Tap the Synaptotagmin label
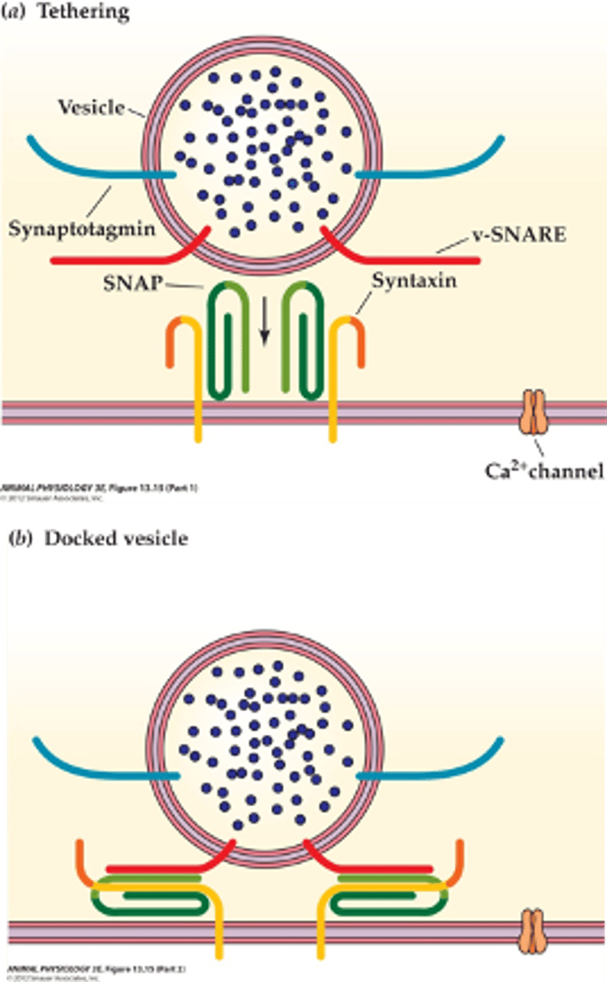point(81,229)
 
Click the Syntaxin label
point(414,281)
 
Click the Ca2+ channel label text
point(544,471)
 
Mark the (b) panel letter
point(17,539)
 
